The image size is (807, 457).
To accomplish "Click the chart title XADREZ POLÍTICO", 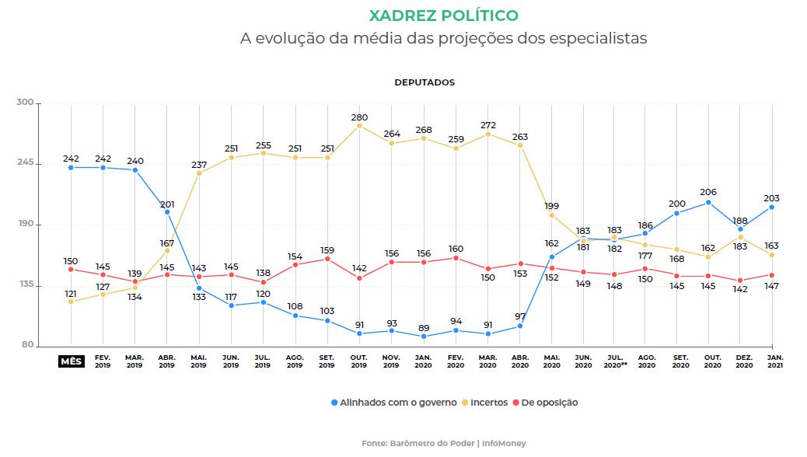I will tap(443, 16).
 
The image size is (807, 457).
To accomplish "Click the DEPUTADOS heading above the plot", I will tap(424, 82).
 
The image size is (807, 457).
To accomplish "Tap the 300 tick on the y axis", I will tap(26, 103).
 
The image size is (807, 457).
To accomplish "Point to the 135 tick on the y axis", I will tap(26, 285).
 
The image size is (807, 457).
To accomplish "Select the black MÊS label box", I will tap(71, 361).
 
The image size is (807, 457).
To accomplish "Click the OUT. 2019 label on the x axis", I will tap(358, 361).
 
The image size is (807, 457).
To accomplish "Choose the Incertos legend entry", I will tap(489, 403).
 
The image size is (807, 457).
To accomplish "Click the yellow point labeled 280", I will tap(358, 125).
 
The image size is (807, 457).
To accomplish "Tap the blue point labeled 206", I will tap(707, 203).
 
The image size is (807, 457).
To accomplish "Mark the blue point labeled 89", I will tap(423, 337).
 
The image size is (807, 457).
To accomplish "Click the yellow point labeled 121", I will tap(71, 302).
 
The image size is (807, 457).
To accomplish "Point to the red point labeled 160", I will tap(456, 258).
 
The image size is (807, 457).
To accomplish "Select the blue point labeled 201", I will tap(166, 211).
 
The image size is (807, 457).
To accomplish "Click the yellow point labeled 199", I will tap(552, 215).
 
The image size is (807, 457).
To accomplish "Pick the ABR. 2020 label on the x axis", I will tap(520, 361).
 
